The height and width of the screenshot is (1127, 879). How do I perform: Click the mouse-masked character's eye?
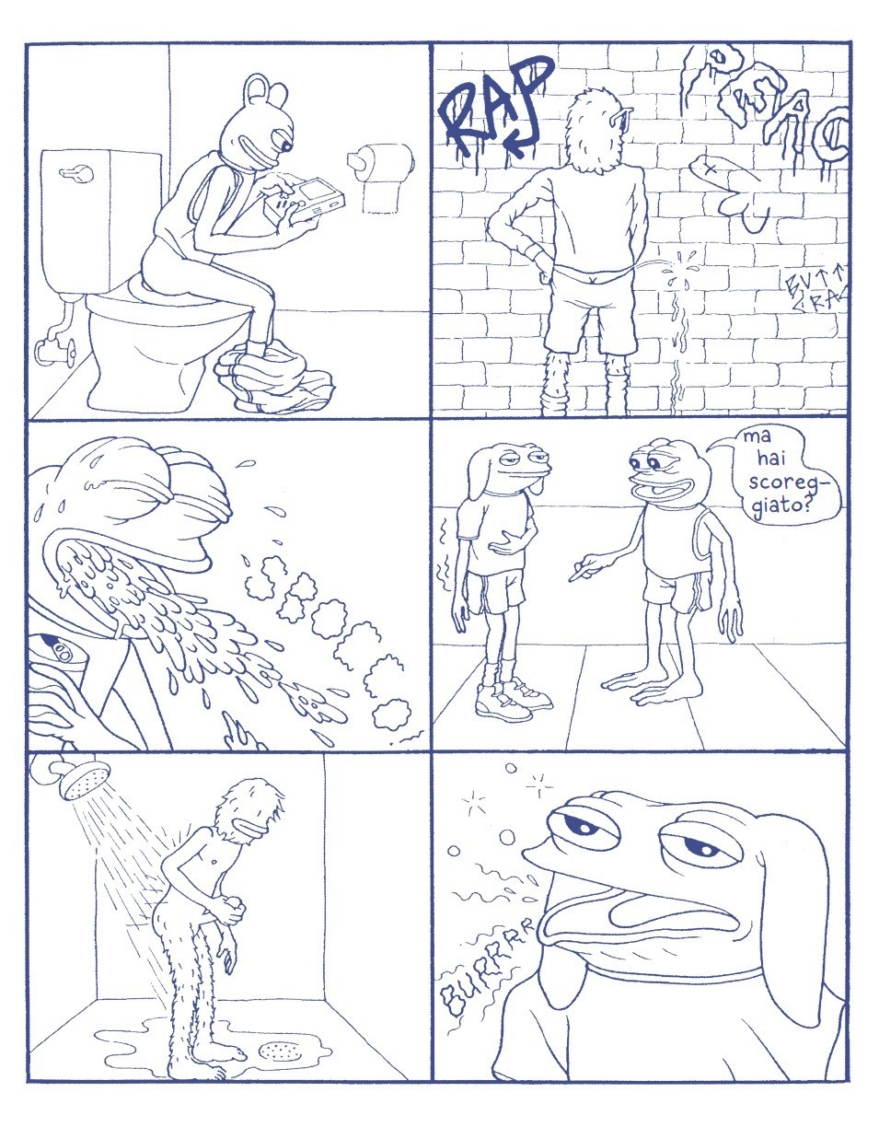coord(286,145)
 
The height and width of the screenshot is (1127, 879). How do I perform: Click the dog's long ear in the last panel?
coord(811,884)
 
